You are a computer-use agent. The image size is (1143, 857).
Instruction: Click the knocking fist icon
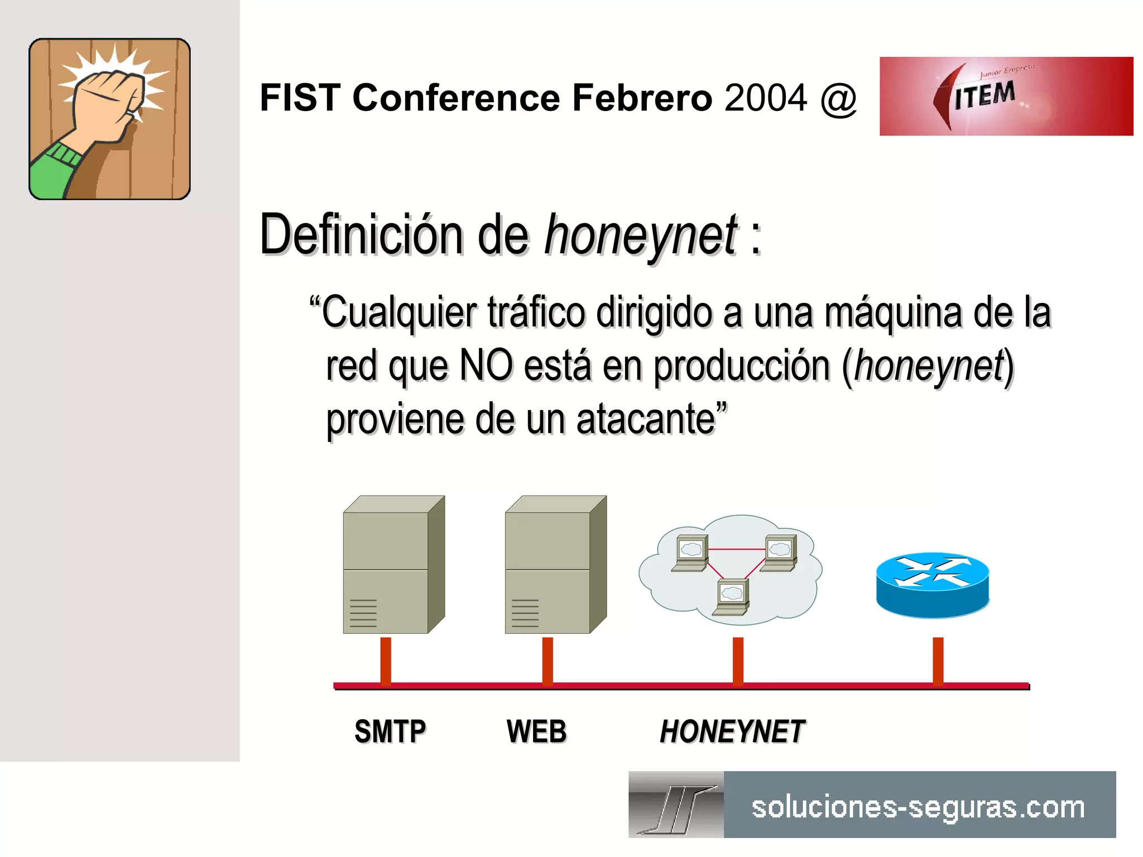(109, 119)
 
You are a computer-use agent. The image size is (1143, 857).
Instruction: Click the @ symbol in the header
(838, 98)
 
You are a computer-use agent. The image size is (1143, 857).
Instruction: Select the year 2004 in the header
(766, 98)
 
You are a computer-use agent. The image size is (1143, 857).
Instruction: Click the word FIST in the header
(300, 98)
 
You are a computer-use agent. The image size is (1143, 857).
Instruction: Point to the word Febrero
(642, 98)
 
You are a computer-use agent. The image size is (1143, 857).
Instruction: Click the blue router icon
(932, 585)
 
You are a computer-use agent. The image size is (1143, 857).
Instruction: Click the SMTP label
(390, 731)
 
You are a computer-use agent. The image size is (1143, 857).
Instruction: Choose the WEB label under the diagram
(536, 731)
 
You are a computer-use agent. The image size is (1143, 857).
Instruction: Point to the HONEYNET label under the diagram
(732, 731)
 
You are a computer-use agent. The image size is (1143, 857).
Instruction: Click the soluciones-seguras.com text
(918, 807)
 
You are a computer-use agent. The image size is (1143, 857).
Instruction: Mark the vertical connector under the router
(938, 661)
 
